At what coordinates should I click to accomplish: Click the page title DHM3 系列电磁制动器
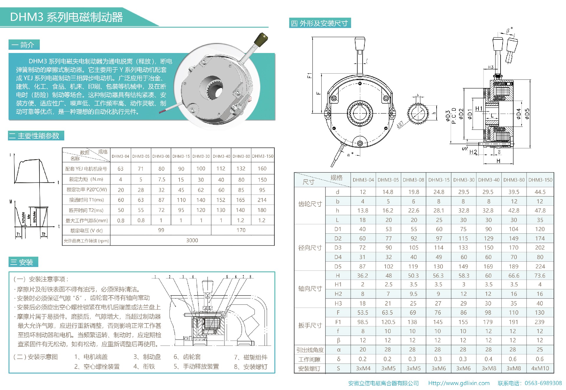click(66, 17)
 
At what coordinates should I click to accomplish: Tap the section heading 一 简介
click(23, 45)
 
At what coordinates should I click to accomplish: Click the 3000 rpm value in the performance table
click(192, 240)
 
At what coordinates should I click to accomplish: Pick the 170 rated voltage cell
click(241, 230)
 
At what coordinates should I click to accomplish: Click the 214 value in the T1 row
click(262, 200)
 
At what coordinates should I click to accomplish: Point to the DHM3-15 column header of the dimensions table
click(439, 180)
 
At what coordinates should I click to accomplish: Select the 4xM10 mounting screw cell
click(540, 369)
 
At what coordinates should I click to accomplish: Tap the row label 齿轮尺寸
click(310, 204)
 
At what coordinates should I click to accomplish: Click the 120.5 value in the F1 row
click(388, 322)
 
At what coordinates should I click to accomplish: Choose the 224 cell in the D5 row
click(540, 266)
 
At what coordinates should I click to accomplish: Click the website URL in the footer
click(459, 383)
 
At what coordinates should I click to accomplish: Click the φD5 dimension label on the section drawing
click(527, 114)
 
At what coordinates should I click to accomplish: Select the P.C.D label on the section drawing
click(454, 116)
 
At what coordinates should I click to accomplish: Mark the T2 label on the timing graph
click(44, 235)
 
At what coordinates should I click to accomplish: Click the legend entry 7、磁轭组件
click(251, 357)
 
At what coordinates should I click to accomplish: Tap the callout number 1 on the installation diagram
click(155, 277)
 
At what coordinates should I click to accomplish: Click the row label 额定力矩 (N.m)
click(86, 179)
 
